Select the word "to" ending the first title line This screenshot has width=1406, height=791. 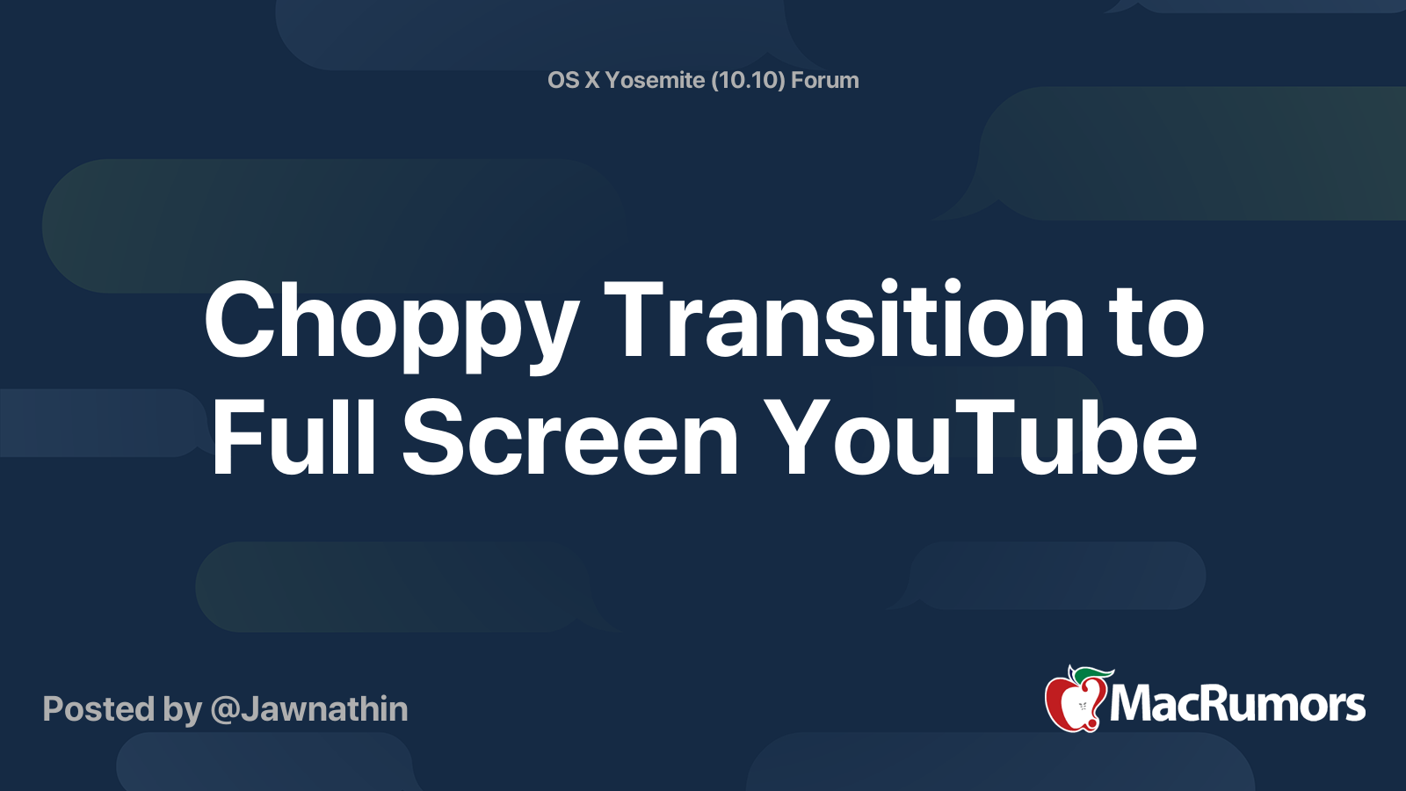point(1156,323)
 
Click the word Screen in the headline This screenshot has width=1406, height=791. point(570,438)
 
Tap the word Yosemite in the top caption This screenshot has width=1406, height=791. point(655,80)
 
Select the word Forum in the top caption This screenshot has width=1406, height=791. point(824,80)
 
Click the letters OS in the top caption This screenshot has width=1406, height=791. point(563,80)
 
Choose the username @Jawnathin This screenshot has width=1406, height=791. point(309,709)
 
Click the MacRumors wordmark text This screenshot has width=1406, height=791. point(1237,705)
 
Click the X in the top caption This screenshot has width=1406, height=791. point(592,80)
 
